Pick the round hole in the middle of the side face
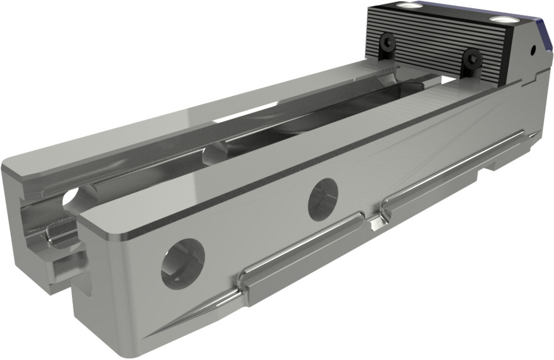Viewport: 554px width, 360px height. (x=323, y=198)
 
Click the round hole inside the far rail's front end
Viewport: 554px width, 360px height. (x=70, y=198)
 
